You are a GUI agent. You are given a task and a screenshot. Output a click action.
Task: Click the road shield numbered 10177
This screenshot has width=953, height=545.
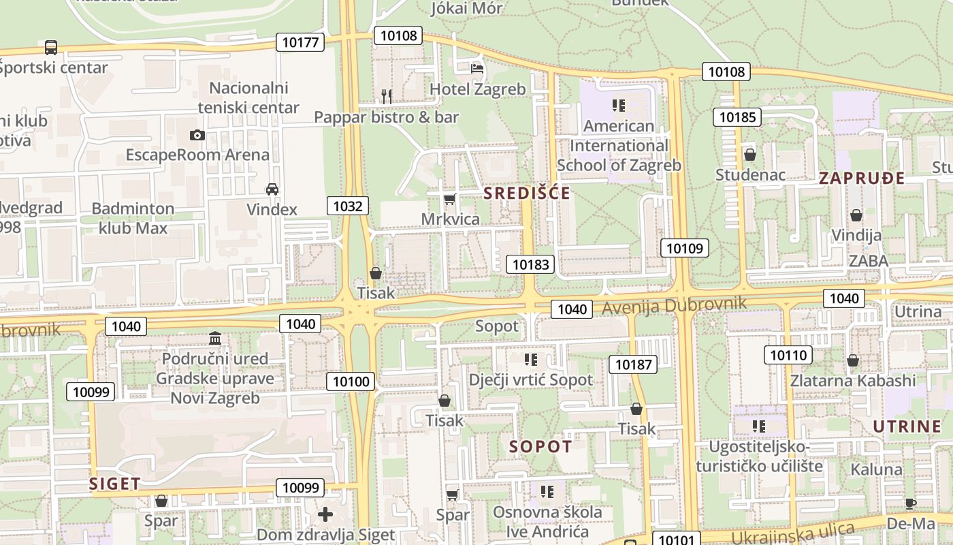click(x=300, y=42)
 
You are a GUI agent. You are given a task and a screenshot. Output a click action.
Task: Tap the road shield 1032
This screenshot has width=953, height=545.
click(x=347, y=206)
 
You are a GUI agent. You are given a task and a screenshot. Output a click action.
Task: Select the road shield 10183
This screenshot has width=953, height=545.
click(x=530, y=264)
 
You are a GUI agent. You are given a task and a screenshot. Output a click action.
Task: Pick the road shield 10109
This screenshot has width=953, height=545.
click(x=685, y=248)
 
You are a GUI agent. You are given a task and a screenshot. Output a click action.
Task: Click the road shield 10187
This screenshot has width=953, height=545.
click(x=633, y=364)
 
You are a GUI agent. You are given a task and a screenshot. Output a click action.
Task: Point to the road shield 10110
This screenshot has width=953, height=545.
click(x=788, y=354)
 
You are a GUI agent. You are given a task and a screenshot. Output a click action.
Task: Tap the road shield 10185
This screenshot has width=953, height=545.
click(x=737, y=117)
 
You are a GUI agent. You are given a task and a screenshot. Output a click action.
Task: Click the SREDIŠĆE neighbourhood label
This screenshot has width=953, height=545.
click(x=527, y=193)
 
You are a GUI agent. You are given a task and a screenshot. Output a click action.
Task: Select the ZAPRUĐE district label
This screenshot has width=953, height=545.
click(x=862, y=178)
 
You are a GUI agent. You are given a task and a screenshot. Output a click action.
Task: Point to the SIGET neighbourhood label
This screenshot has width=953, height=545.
click(x=115, y=484)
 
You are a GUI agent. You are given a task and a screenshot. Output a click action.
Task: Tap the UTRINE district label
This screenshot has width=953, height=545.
click(x=907, y=427)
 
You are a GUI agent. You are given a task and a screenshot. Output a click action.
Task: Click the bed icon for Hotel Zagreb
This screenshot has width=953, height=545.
click(x=477, y=68)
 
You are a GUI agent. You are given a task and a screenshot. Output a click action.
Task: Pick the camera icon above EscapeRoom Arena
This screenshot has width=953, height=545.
click(x=197, y=135)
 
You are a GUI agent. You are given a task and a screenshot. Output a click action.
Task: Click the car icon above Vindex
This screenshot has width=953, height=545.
click(x=272, y=189)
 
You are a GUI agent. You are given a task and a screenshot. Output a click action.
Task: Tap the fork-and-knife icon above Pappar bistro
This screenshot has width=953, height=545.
click(x=386, y=96)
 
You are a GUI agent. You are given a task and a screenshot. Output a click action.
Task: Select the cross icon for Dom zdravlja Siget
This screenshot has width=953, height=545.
click(x=325, y=514)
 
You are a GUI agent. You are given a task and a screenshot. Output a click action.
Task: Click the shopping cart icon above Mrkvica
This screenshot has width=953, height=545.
click(x=449, y=199)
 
